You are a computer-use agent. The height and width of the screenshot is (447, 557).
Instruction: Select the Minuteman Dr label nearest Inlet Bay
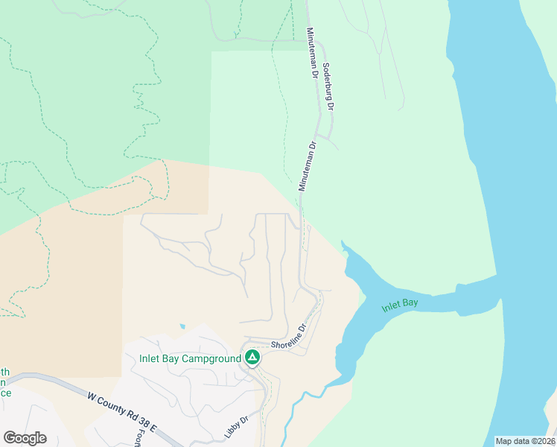pos(308,165)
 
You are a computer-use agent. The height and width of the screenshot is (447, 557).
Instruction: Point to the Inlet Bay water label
pos(400,305)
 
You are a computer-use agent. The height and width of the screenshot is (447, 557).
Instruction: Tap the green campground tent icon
pos(252,358)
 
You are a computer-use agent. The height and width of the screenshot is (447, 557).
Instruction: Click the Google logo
pos(25,438)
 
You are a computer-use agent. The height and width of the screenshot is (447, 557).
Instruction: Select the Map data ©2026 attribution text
pos(524,441)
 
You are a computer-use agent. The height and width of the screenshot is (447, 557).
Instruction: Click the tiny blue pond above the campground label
pos(182,326)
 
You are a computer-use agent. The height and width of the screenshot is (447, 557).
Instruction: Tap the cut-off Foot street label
pos(139,435)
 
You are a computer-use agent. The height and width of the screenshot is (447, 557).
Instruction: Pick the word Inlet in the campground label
pos(152,358)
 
